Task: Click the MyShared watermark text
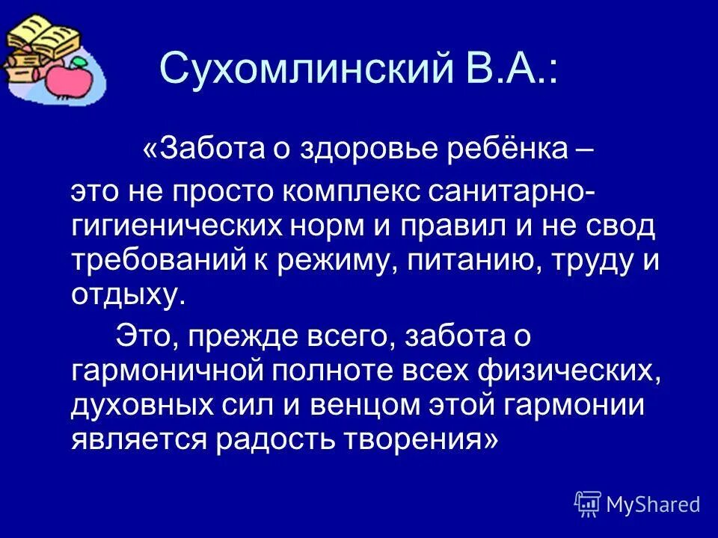click(653, 505)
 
